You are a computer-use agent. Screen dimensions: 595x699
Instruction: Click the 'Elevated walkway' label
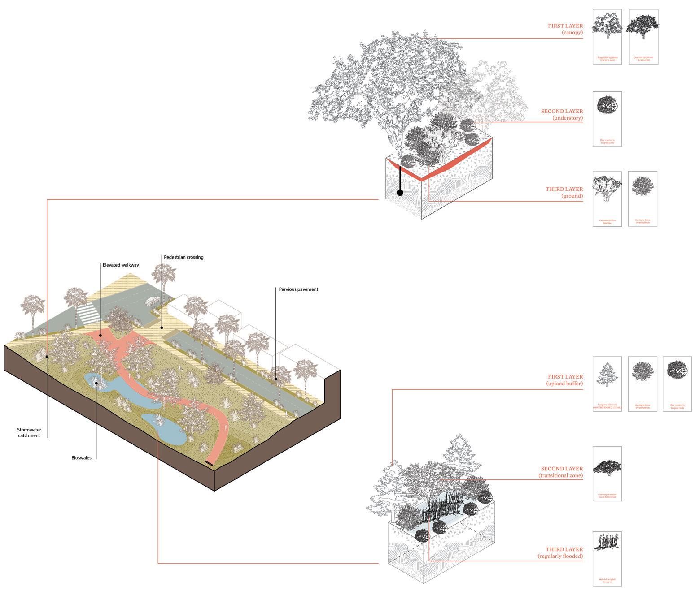[x=121, y=265]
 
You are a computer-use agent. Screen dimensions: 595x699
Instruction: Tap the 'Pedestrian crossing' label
[x=183, y=257]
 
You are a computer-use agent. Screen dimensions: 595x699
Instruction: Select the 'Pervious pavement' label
[x=298, y=289]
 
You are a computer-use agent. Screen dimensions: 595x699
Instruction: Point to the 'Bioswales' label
[x=81, y=458]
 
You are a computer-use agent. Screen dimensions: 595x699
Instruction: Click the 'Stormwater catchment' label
[x=29, y=433]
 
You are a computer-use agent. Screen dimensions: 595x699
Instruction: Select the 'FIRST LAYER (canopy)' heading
[x=565, y=29]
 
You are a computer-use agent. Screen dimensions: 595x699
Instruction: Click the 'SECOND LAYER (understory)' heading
[x=562, y=115]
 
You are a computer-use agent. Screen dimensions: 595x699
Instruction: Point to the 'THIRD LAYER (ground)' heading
[x=564, y=193]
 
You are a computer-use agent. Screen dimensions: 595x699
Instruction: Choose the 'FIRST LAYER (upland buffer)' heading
[x=564, y=380]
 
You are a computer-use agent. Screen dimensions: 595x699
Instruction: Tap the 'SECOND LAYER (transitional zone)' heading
[x=560, y=472]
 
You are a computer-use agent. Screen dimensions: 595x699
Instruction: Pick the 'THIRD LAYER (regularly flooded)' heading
[x=560, y=553]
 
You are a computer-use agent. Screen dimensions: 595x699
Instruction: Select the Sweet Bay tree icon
[x=607, y=23]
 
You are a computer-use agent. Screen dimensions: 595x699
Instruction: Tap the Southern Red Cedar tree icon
[x=607, y=375]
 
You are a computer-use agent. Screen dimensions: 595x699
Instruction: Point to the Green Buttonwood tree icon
[x=607, y=467]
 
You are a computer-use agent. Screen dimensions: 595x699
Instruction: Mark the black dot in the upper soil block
[x=400, y=193]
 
